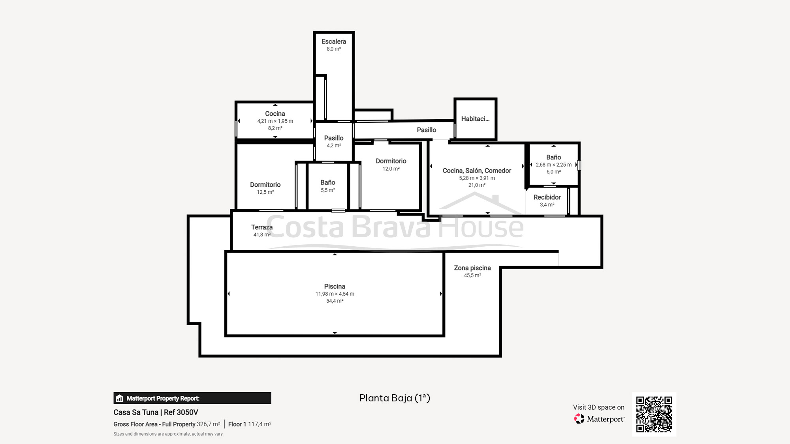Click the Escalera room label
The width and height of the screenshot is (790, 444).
pos(334,41)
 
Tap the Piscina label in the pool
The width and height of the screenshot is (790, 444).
pos(335,287)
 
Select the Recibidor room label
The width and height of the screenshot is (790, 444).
pos(547,197)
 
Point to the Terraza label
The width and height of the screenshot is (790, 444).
pos(262,227)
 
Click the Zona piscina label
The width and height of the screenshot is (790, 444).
pos(472,268)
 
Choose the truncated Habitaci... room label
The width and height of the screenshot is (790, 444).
pos(475,119)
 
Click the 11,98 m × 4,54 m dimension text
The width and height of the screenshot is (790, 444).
pos(335,294)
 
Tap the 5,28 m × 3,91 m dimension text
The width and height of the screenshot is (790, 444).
pos(477,178)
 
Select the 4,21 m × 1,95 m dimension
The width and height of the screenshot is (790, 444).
pos(275,121)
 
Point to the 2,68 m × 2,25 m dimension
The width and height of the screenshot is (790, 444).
pos(553,165)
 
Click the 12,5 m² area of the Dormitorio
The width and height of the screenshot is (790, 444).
pos(265,192)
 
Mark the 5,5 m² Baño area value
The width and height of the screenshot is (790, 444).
pos(328,190)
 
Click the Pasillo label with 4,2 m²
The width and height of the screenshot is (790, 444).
pos(334,138)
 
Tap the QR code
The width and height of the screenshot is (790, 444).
pos(654,414)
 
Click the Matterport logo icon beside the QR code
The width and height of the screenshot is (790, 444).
pos(579,419)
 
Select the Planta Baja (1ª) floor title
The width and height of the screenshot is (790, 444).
pos(395,398)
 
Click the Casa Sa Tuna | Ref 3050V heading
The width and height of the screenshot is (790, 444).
pos(156,412)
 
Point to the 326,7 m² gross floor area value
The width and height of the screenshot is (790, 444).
pos(209,424)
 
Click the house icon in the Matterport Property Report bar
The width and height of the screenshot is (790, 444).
pos(119,398)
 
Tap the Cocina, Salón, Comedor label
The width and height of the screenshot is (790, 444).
pos(477,171)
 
